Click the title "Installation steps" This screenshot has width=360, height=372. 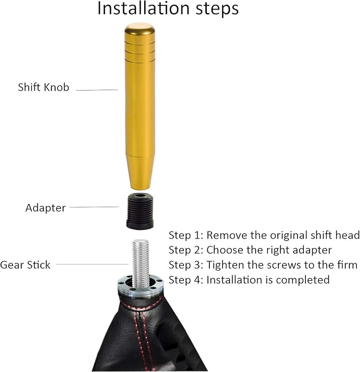[168, 9]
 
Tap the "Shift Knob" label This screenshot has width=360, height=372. [43, 87]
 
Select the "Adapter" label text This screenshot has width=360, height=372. [46, 208]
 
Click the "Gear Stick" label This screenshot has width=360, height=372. [25, 264]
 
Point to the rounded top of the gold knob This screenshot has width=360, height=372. [139, 28]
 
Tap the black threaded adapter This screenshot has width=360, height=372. [140, 210]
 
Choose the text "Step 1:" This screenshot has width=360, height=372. [186, 235]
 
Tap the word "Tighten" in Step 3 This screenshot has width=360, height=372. [225, 264]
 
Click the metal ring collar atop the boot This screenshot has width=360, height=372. [139, 289]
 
